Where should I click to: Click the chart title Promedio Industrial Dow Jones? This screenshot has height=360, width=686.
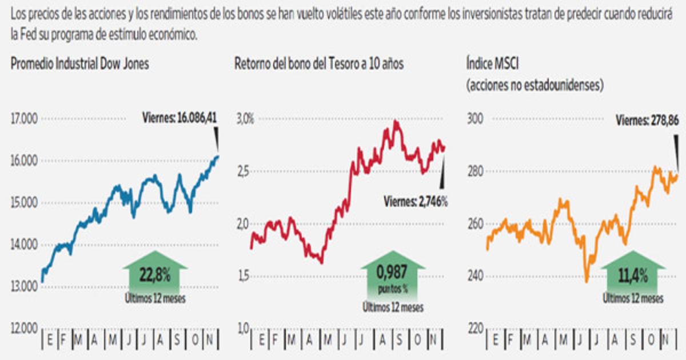tap(79, 64)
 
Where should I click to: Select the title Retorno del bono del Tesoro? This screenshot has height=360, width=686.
tap(319, 64)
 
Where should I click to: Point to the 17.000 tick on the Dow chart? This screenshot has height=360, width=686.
tap(23, 119)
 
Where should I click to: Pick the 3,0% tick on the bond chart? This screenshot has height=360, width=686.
tap(245, 119)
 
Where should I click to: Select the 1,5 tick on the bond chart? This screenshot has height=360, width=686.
tap(244, 277)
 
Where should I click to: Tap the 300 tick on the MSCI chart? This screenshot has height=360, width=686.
tap(476, 119)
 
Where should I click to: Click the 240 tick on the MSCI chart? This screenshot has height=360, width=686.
tap(476, 277)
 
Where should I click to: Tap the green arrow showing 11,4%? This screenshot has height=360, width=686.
tap(632, 275)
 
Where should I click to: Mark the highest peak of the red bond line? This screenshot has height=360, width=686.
tap(396, 122)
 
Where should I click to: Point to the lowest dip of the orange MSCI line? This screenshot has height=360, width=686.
tap(587, 280)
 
